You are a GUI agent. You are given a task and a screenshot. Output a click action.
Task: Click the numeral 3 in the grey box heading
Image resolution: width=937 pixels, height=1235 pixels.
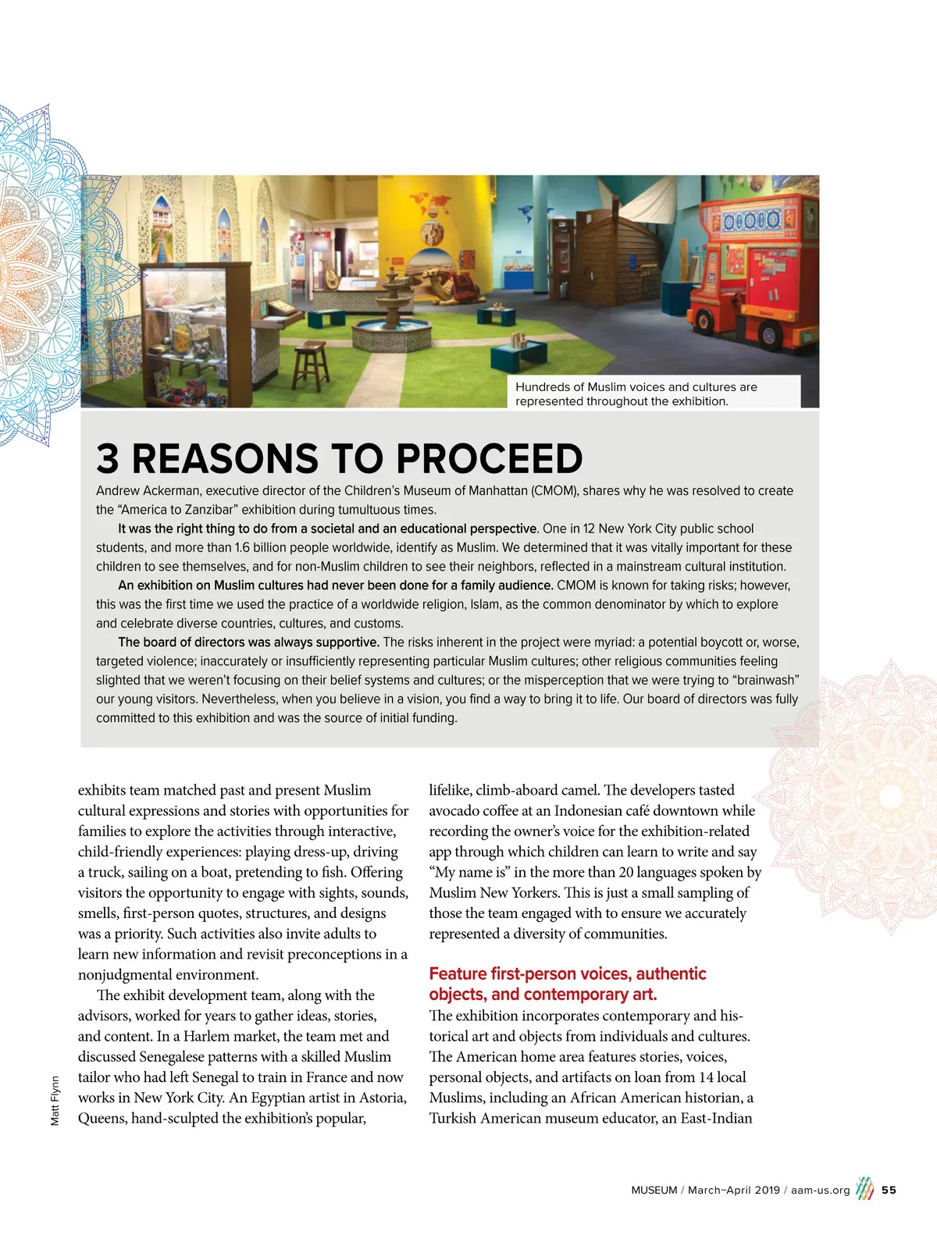point(108,459)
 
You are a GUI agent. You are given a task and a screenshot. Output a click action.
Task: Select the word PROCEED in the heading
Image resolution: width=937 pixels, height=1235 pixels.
point(490,459)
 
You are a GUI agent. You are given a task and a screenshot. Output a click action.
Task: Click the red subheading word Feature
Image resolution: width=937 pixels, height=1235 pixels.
point(458,974)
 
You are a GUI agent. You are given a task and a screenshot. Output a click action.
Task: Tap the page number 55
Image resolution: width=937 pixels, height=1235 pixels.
point(889,1191)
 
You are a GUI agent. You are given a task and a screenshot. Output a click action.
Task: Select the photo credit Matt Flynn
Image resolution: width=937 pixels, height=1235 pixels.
point(55,1101)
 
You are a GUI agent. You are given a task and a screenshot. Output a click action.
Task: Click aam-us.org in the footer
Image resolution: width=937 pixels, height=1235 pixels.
point(820,1191)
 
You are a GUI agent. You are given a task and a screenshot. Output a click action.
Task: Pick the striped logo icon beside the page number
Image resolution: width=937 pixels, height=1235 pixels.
point(864,1189)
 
